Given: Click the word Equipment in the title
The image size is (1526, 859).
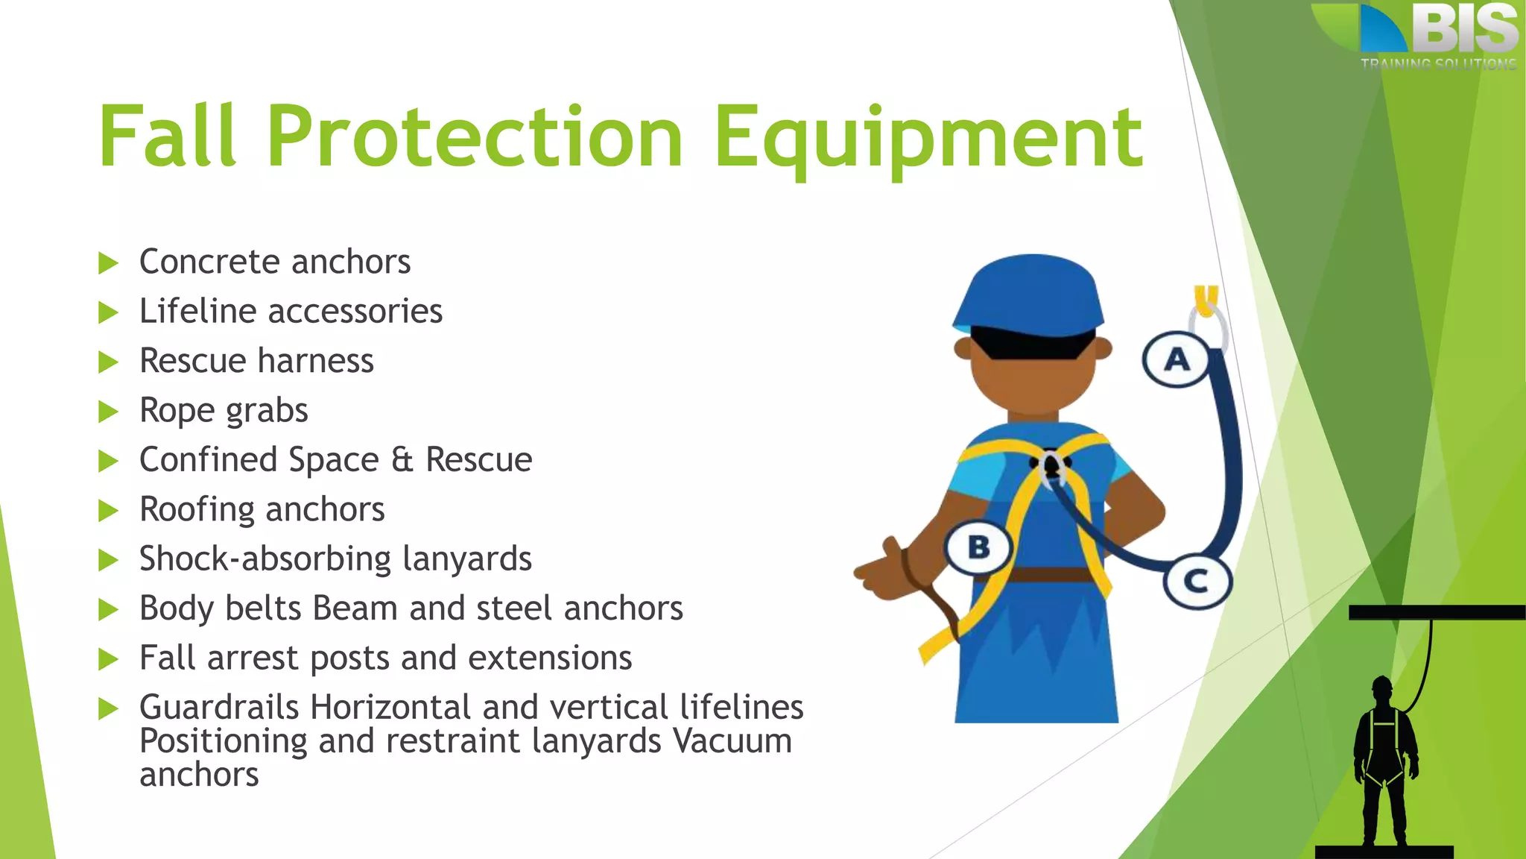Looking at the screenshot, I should pos(927,138).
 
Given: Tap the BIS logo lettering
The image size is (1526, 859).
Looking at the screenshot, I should pos(1464,30).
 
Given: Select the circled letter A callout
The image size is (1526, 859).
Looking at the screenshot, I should pos(1177,359).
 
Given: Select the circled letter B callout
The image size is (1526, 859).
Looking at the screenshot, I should pos(979,547).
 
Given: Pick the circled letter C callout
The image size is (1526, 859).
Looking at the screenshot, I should pos(1196,581).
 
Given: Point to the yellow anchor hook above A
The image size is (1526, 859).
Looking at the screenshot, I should pos(1206,299).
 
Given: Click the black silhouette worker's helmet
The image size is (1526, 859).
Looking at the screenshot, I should pos(1382,684).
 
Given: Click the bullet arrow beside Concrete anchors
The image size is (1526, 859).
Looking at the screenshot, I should pos(109,263).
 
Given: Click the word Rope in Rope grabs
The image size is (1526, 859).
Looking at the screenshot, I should pos(177,410).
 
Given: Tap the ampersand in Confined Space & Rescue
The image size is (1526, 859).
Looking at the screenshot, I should pos(402,459).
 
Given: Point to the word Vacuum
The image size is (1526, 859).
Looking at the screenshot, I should pos(732,741).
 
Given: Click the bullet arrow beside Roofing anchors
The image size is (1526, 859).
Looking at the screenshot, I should pos(109,511).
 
